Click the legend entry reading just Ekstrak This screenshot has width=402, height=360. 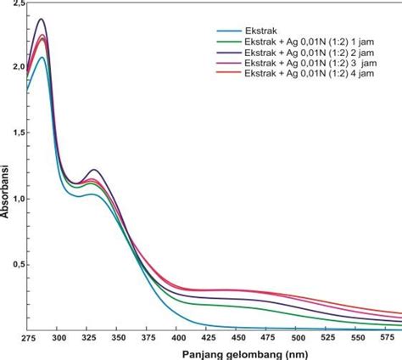(257, 29)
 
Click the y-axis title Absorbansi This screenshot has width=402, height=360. (8, 192)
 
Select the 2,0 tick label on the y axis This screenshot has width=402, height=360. (13, 66)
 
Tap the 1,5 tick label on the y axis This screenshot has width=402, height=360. (13, 132)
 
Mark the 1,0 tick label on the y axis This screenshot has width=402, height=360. (13, 199)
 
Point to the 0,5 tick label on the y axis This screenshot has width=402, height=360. (13, 264)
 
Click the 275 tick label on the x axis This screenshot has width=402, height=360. (29, 337)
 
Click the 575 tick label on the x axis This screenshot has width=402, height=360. (390, 337)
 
